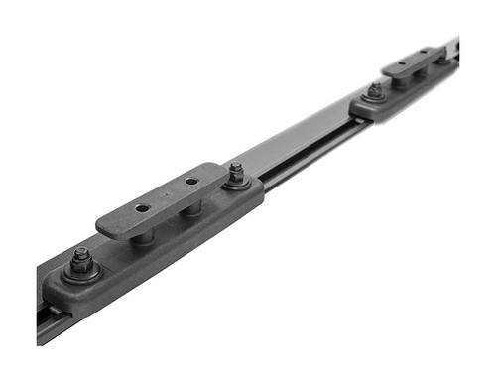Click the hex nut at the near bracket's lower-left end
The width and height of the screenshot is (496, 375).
click(80, 259)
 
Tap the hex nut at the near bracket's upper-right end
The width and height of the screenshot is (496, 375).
click(236, 174)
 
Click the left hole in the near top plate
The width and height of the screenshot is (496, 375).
click(143, 208)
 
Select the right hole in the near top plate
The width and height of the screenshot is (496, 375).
click(190, 182)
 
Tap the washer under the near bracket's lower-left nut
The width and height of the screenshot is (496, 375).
click(81, 273)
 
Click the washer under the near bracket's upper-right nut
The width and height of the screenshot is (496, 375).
click(236, 185)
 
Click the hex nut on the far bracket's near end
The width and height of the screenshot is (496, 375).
click(375, 90)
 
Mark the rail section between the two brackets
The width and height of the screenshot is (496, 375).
click(298, 149)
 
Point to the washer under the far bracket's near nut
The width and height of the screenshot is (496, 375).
click(375, 98)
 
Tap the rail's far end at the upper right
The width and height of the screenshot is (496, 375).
click(455, 48)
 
